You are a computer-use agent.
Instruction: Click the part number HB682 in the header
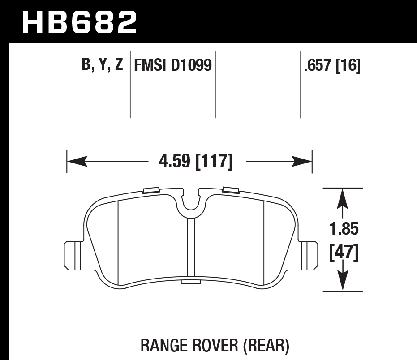pyautogui.click(x=79, y=22)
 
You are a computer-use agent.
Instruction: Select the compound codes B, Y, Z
pyautogui.click(x=102, y=66)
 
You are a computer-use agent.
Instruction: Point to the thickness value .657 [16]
pyautogui.click(x=332, y=66)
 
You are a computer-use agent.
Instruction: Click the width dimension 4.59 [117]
pyautogui.click(x=196, y=161)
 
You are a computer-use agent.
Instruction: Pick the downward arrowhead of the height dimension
pyautogui.click(x=343, y=282)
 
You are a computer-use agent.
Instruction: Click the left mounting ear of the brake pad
pyautogui.click(x=72, y=256)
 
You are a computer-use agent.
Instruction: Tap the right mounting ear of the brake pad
pyautogui.click(x=308, y=256)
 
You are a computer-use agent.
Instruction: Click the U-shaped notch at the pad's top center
pyautogui.click(x=191, y=204)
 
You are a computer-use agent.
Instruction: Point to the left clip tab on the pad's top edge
pyautogui.click(x=151, y=190)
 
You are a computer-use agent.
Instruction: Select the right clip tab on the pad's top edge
pyautogui.click(x=230, y=190)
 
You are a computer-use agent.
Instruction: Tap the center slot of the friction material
pyautogui.click(x=191, y=249)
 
